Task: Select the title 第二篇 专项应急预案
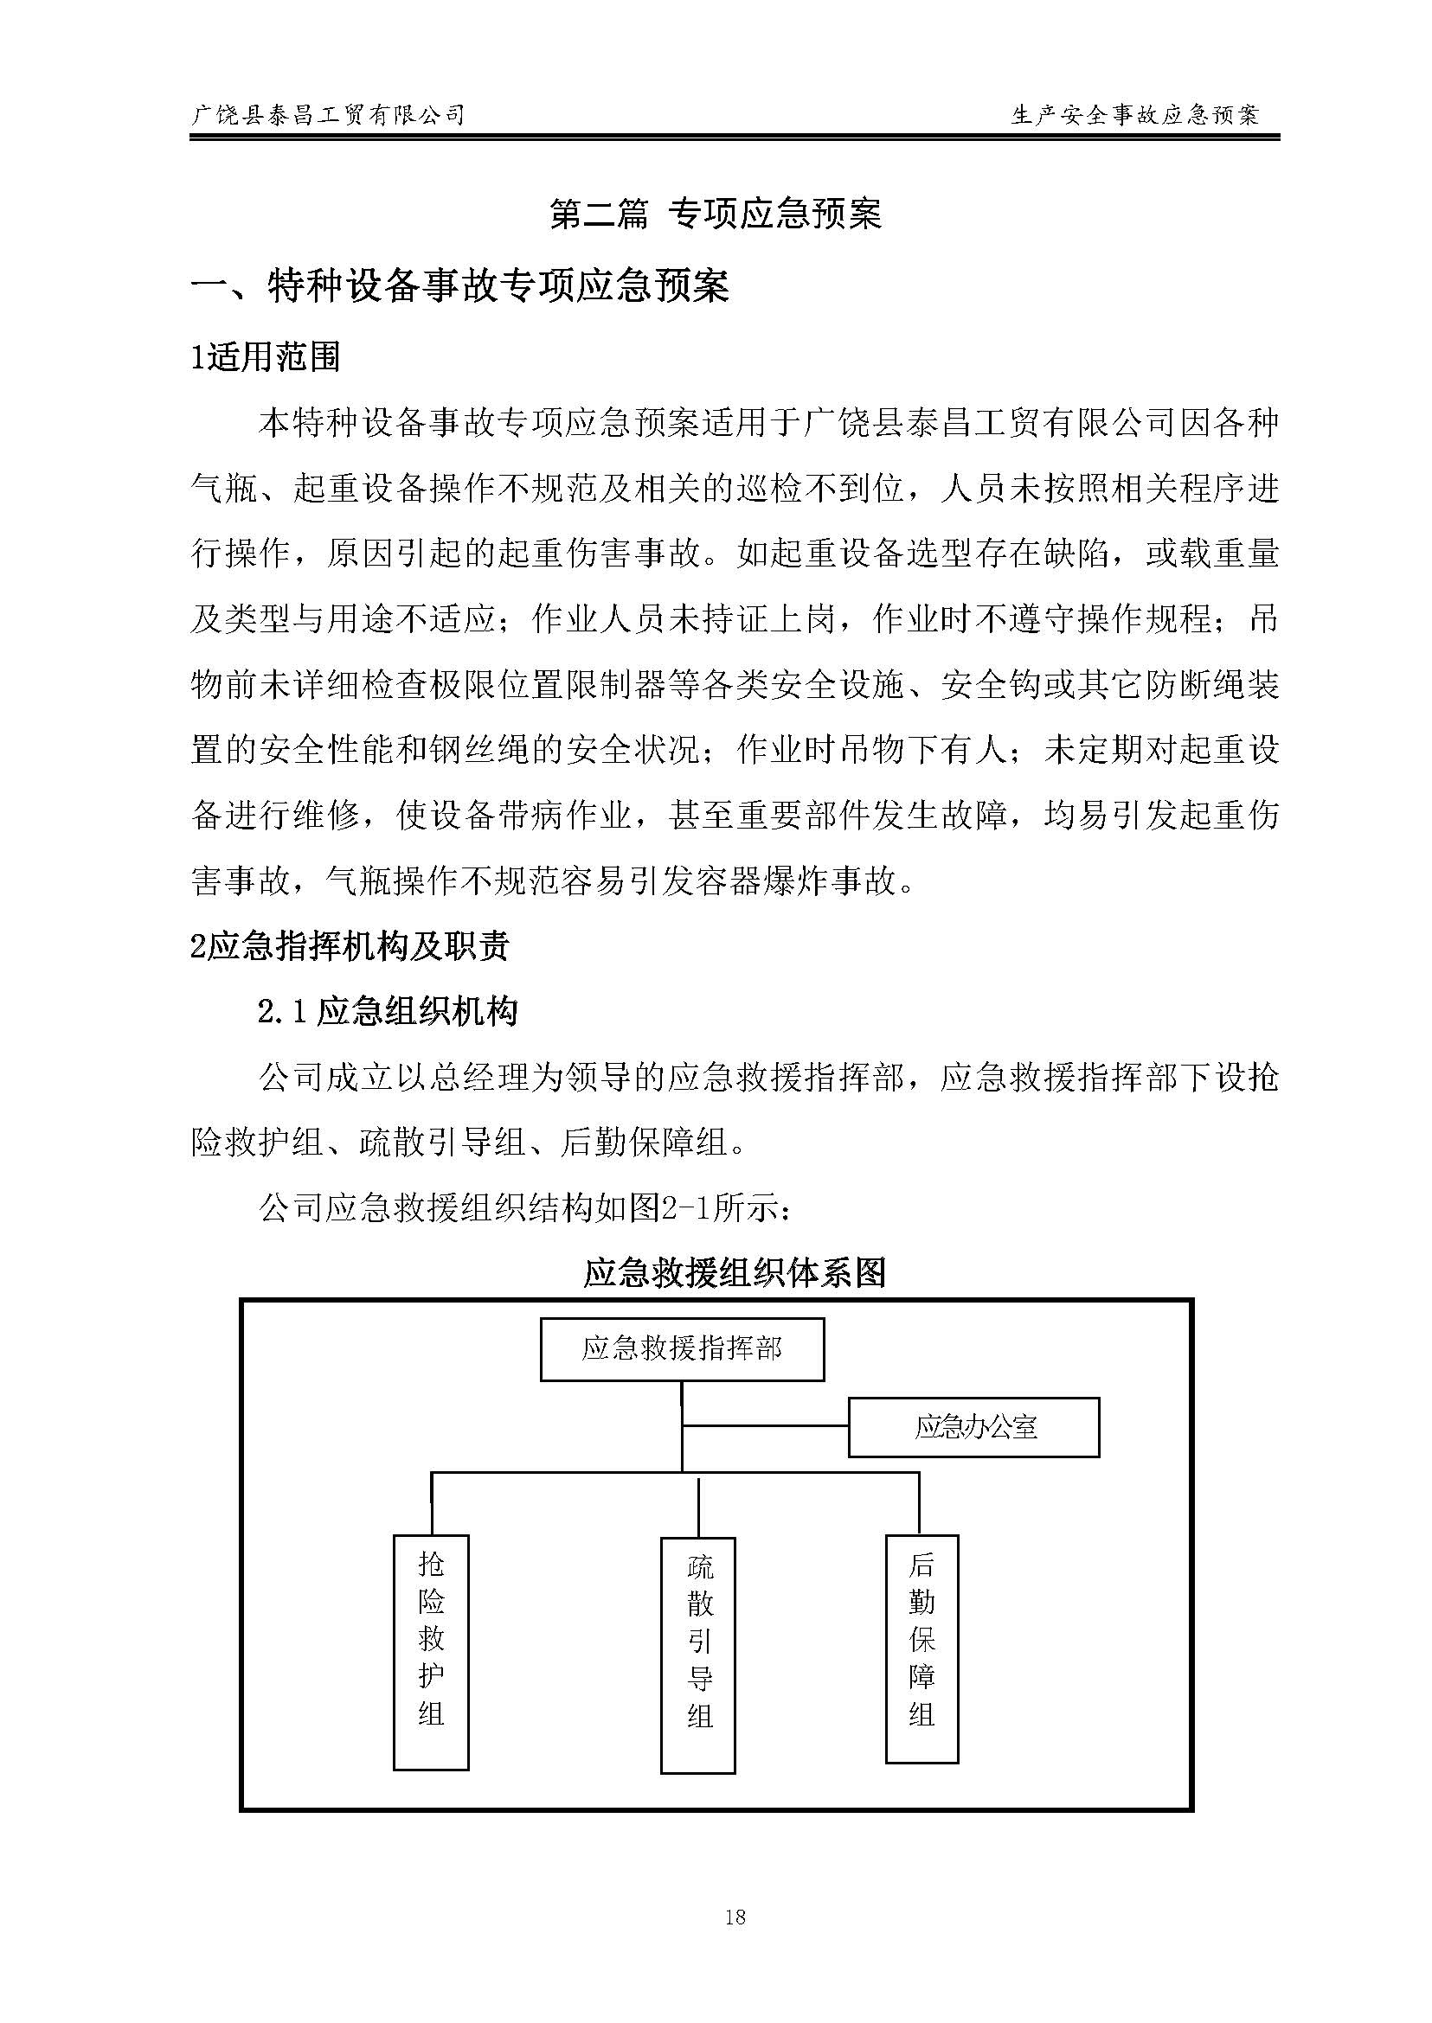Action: [x=715, y=214]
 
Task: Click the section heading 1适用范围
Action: [x=266, y=357]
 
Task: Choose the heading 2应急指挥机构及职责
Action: [x=350, y=946]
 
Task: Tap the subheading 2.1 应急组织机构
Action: [x=387, y=1011]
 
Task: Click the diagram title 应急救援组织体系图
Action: [x=735, y=1273]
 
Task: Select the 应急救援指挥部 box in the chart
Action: [x=682, y=1348]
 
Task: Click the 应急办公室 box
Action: [x=973, y=1427]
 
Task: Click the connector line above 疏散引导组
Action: [x=698, y=1508]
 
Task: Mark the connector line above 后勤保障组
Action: [x=919, y=1503]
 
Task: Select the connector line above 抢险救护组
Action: [x=431, y=1503]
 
